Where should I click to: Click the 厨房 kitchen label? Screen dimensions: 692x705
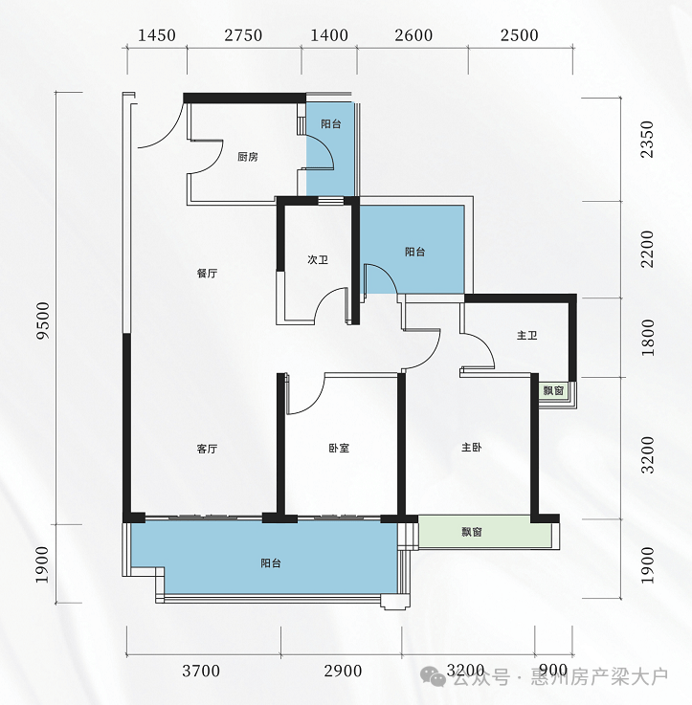248,157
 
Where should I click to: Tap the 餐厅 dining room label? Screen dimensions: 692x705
207,274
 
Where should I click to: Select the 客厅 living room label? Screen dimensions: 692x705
207,449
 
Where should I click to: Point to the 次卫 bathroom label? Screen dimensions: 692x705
318,260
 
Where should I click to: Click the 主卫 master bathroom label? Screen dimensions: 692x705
526,336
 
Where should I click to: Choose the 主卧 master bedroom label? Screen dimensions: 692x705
472,448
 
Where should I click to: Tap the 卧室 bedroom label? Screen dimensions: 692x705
339,448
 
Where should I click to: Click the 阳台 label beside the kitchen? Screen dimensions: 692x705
331,124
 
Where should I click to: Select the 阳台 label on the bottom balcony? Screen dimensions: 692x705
271,563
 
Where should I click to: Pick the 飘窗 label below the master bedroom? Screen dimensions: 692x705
472,533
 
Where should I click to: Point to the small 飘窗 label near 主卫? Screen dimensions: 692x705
553,390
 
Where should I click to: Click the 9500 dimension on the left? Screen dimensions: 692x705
43,320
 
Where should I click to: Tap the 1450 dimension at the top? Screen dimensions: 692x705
157,35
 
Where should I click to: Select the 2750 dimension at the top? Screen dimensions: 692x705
243,35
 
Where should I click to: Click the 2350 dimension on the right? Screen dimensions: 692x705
647,139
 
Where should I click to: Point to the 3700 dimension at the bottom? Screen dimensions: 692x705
201,671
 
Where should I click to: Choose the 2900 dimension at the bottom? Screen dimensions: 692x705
343,671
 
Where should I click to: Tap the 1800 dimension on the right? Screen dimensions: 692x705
648,338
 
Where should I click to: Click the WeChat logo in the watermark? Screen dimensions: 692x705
433,676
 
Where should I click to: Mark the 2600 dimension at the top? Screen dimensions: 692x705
413,35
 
